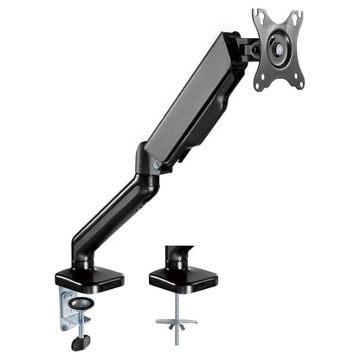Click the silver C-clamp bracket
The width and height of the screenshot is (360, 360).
(x=67, y=312)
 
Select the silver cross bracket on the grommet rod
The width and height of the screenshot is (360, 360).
(x=177, y=321)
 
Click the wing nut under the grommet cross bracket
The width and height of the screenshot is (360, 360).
(x=177, y=330)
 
